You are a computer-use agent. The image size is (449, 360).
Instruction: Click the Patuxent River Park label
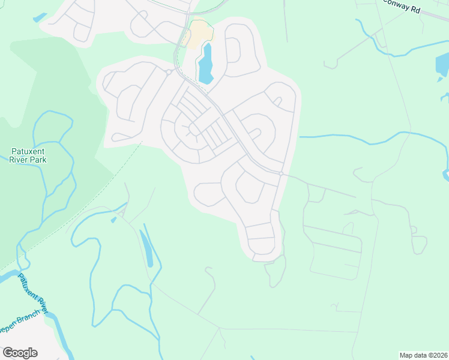(28, 155)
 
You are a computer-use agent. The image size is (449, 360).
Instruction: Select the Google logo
(20, 352)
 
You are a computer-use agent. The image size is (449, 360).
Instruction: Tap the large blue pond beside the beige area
(205, 65)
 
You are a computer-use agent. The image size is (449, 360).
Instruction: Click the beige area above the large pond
(197, 33)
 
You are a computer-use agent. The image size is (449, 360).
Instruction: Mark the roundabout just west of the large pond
(169, 73)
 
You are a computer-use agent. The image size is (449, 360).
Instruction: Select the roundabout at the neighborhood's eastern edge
(281, 173)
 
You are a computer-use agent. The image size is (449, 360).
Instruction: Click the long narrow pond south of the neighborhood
(146, 248)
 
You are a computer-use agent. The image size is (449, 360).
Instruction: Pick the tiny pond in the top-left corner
(40, 18)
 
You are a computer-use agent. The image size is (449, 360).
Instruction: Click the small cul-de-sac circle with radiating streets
(191, 128)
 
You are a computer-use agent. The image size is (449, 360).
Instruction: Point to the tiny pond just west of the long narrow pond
(113, 220)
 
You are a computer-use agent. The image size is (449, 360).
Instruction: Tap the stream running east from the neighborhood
(360, 140)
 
